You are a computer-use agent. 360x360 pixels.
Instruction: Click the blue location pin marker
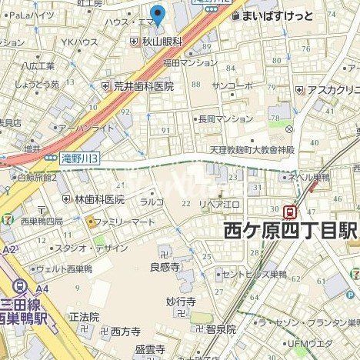pyautogui.click(x=158, y=15)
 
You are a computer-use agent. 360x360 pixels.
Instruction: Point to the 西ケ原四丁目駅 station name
pyautogui.click(x=290, y=229)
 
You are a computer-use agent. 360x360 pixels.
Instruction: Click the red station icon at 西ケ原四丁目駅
pyautogui.click(x=291, y=209)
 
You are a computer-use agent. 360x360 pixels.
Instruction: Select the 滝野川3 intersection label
pyautogui.click(x=80, y=157)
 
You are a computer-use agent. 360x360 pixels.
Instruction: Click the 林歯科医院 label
pyautogui.click(x=98, y=198)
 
